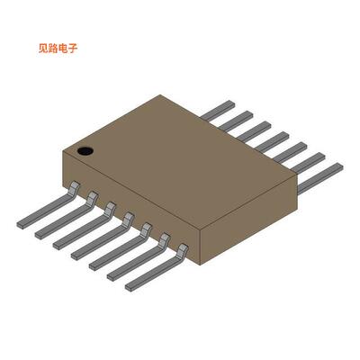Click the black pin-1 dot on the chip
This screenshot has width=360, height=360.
pos(85,149)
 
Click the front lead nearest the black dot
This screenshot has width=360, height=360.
pos(45,208)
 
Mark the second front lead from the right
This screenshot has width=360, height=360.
pos(135,259)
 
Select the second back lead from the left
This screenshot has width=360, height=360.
pos(233,120)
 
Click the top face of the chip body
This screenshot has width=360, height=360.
pos(180,148)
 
